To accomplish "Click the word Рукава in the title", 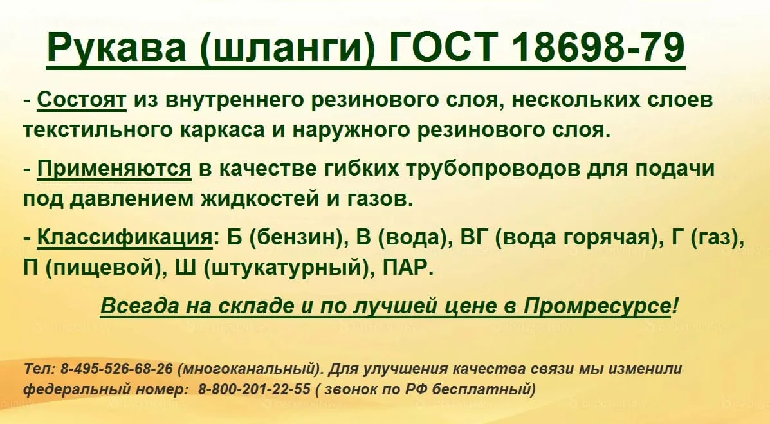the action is [x=117, y=47].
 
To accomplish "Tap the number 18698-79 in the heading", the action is [x=598, y=47].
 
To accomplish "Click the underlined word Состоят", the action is [x=82, y=100].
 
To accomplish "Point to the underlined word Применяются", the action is [x=114, y=169].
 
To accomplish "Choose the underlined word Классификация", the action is [x=125, y=238].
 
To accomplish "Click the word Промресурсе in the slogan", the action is [x=597, y=306].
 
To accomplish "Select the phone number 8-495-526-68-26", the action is [x=116, y=369].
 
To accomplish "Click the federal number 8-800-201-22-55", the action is [x=254, y=390].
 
